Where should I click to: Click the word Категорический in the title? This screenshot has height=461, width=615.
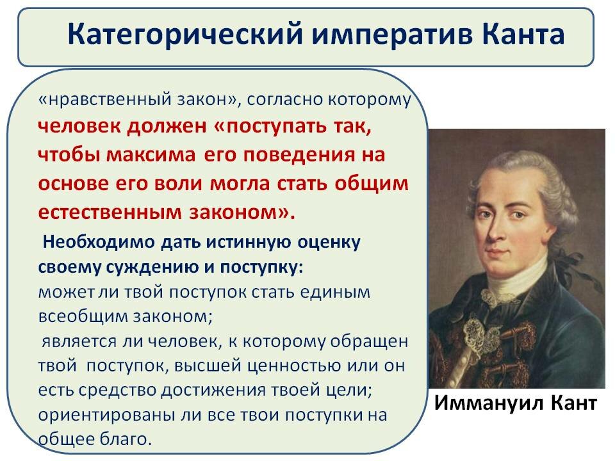[x=184, y=35]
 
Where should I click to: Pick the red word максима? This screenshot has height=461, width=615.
[x=151, y=154]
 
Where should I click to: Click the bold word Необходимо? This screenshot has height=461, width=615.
[x=99, y=242]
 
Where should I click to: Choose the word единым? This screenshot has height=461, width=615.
[x=338, y=293]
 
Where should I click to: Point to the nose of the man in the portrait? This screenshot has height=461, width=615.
[x=496, y=231]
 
